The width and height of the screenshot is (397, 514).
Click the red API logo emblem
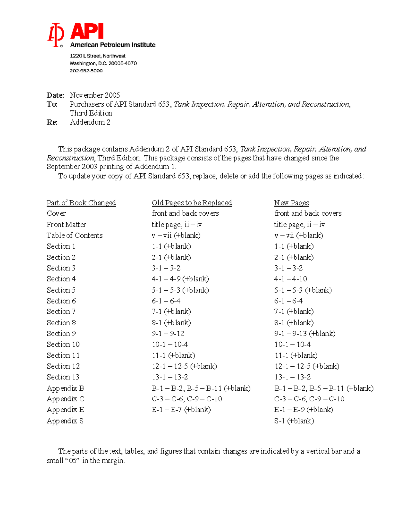pos(55,35)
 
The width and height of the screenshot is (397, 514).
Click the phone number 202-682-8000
pos(86,71)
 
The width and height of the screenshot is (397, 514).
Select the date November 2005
pos(95,95)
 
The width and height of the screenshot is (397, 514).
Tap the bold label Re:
pos(52,122)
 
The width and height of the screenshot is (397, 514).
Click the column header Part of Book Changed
pos(81,203)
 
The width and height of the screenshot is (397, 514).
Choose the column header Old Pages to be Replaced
pos(192,203)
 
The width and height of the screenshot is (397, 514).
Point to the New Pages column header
pos(291,203)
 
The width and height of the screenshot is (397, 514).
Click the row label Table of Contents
pos(74,235)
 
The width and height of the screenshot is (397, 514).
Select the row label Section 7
pos(61,311)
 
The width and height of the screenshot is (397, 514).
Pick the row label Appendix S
pos(65,421)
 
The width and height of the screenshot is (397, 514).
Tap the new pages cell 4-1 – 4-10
pos(290,279)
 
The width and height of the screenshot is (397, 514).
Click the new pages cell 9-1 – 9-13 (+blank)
pos(304,334)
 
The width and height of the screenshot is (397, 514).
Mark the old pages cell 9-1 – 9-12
pos(168,334)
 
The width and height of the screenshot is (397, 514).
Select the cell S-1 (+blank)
pos(294,421)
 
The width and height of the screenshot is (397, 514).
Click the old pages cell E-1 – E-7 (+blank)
pos(181,410)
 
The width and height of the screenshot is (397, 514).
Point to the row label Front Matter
pos(66,225)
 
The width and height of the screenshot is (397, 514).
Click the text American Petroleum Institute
pos(113,45)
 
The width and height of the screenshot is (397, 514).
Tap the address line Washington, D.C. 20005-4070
pos(103,63)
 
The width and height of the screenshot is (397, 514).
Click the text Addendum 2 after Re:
pos(90,122)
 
